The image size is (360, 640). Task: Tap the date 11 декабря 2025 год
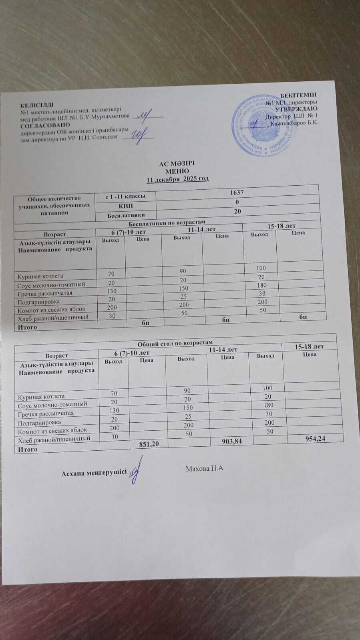[177, 179]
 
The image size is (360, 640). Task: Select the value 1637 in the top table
[237, 192]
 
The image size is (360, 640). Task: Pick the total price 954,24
[316, 438]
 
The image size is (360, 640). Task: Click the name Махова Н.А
[204, 468]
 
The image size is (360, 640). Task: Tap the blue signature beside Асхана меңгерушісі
[137, 471]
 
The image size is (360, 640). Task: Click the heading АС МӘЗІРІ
[177, 164]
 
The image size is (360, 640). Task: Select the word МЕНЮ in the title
[177, 171]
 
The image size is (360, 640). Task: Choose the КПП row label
[126, 206]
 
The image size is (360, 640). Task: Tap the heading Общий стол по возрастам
[175, 342]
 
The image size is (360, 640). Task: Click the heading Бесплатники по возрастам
[168, 222]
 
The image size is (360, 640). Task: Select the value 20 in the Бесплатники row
[237, 211]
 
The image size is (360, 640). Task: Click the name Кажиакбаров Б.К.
[294, 123]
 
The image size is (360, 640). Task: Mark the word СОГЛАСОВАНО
[45, 125]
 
